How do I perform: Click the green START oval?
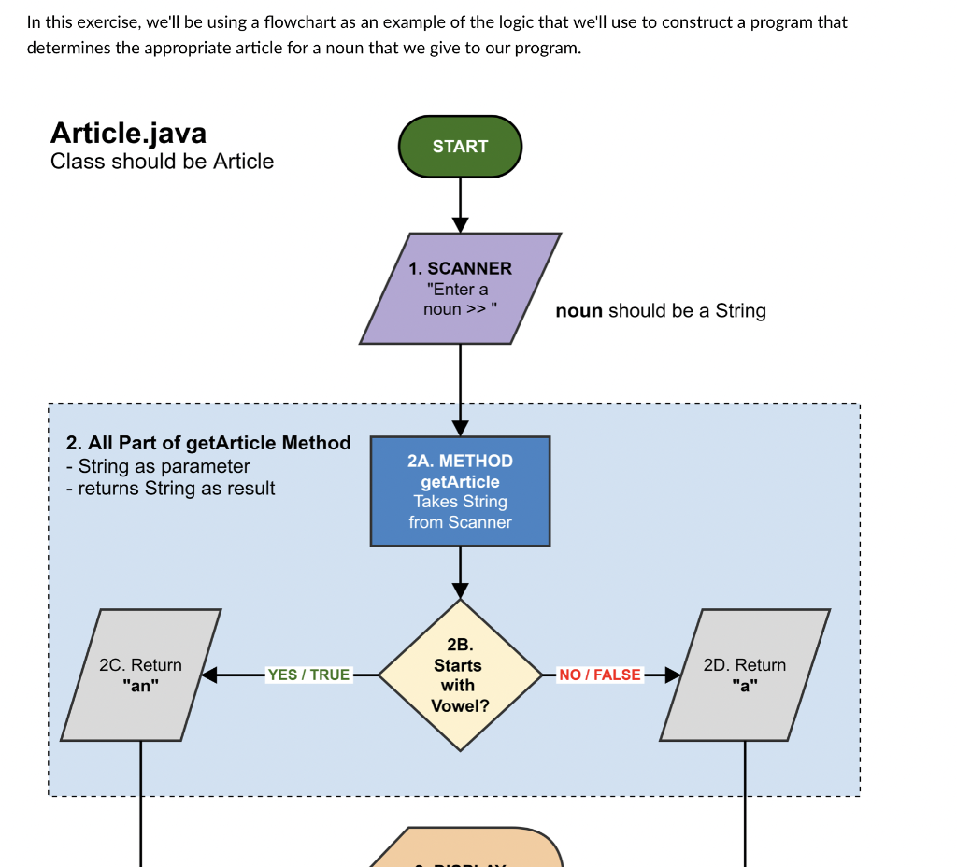[x=460, y=147]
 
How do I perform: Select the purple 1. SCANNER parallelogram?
[x=460, y=289]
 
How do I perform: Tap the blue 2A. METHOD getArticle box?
[x=460, y=491]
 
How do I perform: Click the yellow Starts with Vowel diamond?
[x=460, y=675]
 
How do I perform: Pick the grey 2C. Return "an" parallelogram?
[x=141, y=675]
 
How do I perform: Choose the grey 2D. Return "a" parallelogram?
[x=745, y=675]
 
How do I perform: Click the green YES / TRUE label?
[x=308, y=675]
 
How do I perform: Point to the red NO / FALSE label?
[x=600, y=675]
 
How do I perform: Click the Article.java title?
[x=128, y=133]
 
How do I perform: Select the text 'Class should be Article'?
[x=162, y=162]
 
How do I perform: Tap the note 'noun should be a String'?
[x=660, y=311]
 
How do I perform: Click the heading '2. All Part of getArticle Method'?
[x=208, y=443]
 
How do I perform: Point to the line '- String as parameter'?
[x=159, y=466]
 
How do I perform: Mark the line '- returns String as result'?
[x=171, y=489]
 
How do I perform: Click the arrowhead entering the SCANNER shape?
[x=460, y=224]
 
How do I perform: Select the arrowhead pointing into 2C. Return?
[x=209, y=675]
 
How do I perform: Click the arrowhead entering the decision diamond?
[x=460, y=590]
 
